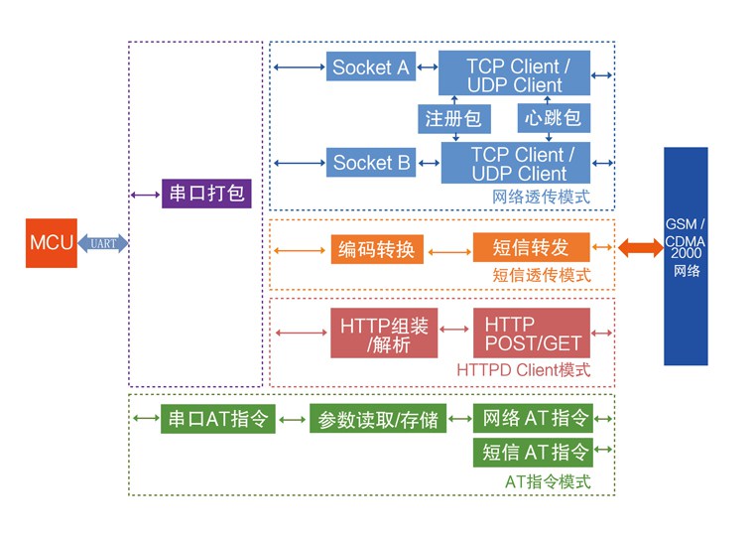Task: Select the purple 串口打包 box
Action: click(x=206, y=194)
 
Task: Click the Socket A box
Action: click(x=370, y=67)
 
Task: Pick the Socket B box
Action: click(x=371, y=163)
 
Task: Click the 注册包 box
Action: click(x=453, y=118)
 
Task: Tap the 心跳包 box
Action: click(x=553, y=118)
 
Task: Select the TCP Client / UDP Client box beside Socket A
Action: click(x=515, y=73)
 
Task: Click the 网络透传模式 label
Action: click(x=541, y=197)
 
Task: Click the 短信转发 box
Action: click(x=531, y=247)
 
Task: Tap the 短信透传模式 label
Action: click(x=541, y=275)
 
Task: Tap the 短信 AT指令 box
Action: click(x=533, y=453)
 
